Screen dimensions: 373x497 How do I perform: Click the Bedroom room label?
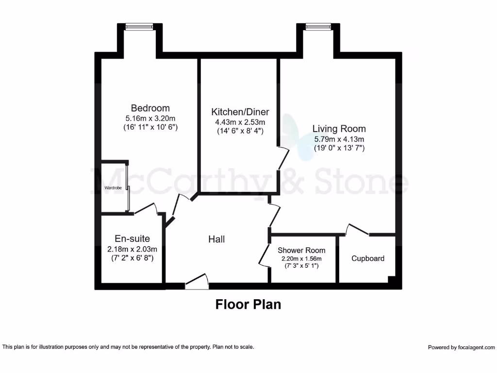[x=150, y=108]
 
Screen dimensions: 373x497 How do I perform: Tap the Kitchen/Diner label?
[x=240, y=112]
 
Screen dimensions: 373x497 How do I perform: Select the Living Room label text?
[x=339, y=129]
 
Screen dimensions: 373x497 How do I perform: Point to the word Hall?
[x=216, y=239]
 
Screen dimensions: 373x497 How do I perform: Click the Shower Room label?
[x=301, y=250]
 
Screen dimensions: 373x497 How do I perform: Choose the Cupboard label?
[x=368, y=258]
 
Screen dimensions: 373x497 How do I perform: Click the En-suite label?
[x=132, y=238]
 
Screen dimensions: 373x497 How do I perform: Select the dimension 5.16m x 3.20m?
[x=150, y=118]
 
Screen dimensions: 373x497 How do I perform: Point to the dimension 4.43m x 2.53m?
[x=240, y=122]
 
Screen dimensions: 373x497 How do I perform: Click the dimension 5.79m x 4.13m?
[x=339, y=138]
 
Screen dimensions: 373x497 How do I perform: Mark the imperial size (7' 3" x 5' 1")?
[x=301, y=266]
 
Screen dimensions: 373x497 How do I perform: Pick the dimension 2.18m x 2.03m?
[x=132, y=249]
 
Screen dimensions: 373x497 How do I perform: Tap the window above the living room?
[x=318, y=27]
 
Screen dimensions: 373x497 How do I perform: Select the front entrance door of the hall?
[x=197, y=282]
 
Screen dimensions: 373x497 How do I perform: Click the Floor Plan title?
[x=248, y=305]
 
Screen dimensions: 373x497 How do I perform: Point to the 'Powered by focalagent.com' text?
[x=461, y=347]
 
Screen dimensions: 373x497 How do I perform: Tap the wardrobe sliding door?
[x=128, y=187]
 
